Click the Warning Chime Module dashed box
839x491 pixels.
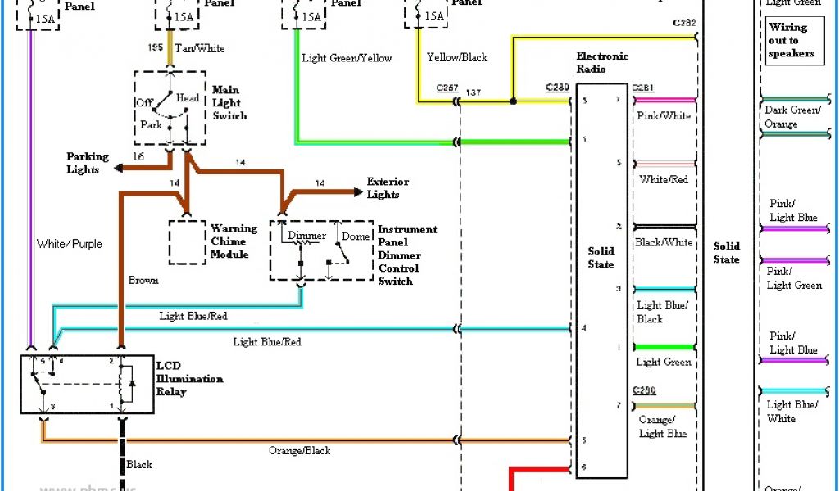(x=188, y=241)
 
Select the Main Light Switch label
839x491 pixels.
(x=229, y=103)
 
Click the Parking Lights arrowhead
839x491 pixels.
(x=118, y=168)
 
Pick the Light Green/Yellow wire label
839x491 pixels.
(x=347, y=58)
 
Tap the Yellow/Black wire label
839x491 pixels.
(x=456, y=57)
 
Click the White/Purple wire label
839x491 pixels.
(x=70, y=244)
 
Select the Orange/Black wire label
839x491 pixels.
(x=299, y=451)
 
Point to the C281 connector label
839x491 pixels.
(x=642, y=88)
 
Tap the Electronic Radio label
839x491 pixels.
(x=601, y=62)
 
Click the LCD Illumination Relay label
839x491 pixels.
(x=189, y=379)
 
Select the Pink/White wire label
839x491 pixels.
(x=663, y=116)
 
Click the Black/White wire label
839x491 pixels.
(x=663, y=243)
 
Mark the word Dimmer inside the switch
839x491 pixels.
(x=306, y=236)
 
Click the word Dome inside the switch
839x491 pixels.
(x=356, y=236)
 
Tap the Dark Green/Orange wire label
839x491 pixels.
(x=791, y=117)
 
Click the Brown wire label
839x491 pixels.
(x=143, y=281)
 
